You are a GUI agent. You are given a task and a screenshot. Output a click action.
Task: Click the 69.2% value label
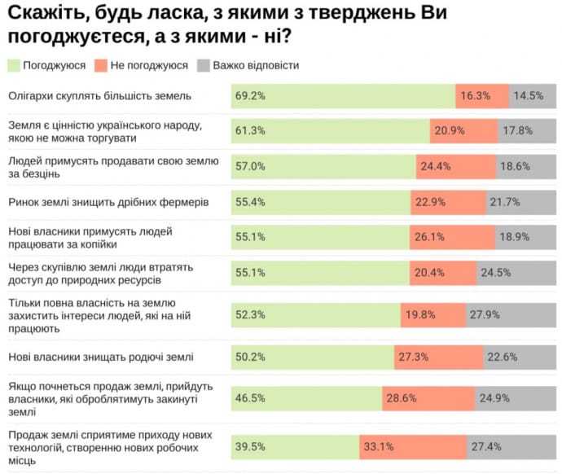(249, 96)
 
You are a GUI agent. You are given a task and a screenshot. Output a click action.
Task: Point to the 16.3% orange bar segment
(482, 96)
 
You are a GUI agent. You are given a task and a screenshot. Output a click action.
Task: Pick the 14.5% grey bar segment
(533, 96)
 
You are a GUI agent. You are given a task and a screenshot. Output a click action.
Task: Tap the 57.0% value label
(249, 166)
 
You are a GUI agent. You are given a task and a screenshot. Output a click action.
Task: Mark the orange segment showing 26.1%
(452, 237)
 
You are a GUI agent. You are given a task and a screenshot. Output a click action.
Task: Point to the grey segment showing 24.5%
(516, 272)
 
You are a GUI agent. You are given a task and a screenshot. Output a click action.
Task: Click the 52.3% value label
(249, 314)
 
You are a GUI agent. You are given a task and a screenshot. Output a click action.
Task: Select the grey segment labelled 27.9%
(511, 314)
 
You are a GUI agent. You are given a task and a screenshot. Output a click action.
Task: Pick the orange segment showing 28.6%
(428, 397)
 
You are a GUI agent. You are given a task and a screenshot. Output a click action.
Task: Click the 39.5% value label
(249, 446)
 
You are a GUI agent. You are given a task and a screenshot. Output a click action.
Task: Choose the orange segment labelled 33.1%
(413, 446)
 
